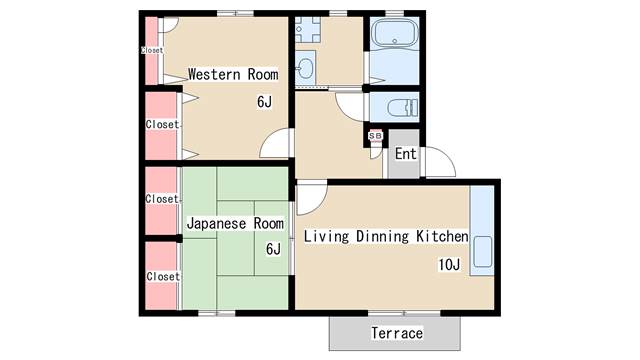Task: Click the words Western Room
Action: coord(233,74)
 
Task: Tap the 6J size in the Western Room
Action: coord(264,101)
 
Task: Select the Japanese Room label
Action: coord(235,223)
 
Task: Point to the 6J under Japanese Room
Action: coord(273,249)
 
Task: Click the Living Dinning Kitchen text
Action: coord(386,237)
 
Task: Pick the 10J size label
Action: coord(448,265)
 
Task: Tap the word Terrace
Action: coord(397,333)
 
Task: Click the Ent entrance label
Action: coord(405,154)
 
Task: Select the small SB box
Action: coord(376,136)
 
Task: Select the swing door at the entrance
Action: coord(438,160)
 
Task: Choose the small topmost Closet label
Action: coord(152,50)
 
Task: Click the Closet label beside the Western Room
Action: coord(162,125)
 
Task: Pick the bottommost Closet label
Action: coord(162,276)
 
